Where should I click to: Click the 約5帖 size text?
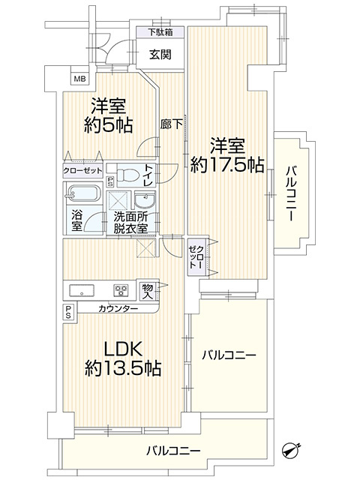click(108, 124)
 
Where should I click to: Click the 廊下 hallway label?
click(170, 125)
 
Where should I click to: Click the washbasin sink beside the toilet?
click(144, 199)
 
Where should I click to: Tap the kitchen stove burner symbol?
click(120, 290)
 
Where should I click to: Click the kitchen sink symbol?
click(81, 289)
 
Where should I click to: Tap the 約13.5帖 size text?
click(122, 368)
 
